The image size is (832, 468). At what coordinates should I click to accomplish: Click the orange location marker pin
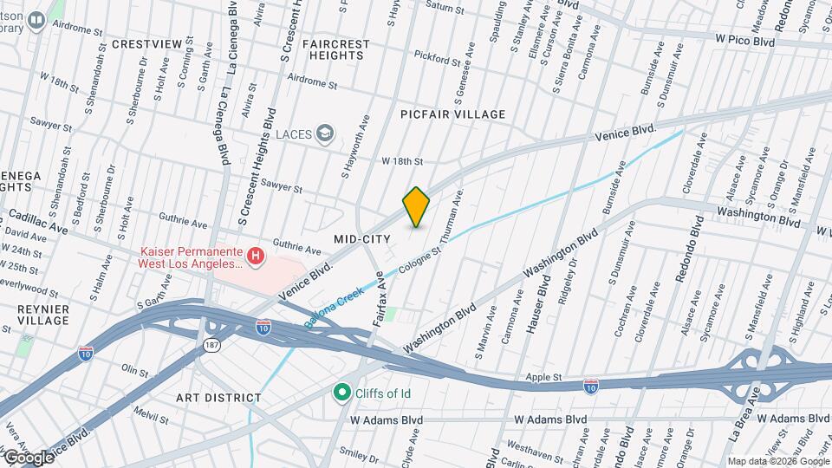click(x=417, y=206)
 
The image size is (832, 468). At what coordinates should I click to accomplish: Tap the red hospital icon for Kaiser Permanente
click(x=256, y=256)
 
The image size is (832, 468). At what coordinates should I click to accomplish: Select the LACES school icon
click(x=325, y=133)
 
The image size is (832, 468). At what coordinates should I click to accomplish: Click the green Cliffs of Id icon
click(x=342, y=393)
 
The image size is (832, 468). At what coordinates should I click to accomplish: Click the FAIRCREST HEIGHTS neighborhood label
click(x=337, y=49)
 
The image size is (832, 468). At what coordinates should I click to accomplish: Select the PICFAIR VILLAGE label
click(x=452, y=114)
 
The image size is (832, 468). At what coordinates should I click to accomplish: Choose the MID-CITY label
click(x=361, y=237)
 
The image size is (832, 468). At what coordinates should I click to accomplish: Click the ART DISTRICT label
click(x=218, y=398)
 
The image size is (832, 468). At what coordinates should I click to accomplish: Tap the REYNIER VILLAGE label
click(x=42, y=315)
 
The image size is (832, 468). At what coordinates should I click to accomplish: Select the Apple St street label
click(x=546, y=378)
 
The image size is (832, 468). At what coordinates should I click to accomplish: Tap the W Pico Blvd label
click(x=744, y=39)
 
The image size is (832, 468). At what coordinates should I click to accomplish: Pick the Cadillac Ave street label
click(x=38, y=221)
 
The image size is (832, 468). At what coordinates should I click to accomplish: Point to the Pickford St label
click(x=437, y=60)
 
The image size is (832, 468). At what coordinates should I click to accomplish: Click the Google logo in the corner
click(x=29, y=457)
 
